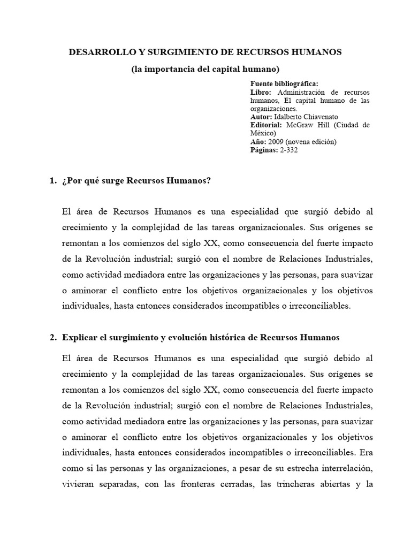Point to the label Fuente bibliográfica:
[x=284, y=84]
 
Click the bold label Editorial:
[x=267, y=125]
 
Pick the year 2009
[x=276, y=142]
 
